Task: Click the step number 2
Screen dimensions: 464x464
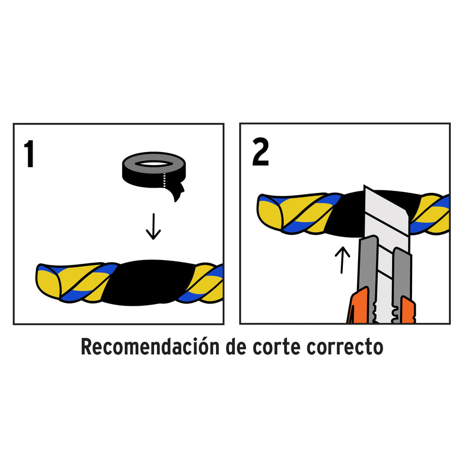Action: [260, 153]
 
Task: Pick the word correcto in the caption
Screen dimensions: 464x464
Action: [351, 347]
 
